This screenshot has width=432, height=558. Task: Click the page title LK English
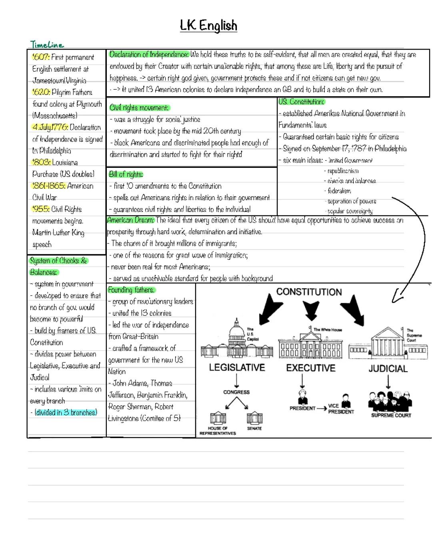pos(208,26)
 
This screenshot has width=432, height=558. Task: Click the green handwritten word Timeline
pos(47,44)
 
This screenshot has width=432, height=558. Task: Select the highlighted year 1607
pos(40,58)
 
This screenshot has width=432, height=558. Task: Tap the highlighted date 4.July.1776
pos(50,128)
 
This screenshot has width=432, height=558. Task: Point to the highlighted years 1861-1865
pos(48,186)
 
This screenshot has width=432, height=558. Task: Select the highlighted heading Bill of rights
pos(126,174)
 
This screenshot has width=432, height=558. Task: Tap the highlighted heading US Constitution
pos(301,102)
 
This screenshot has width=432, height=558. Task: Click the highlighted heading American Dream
pos(130,220)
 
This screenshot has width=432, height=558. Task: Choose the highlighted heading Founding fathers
pos(131,290)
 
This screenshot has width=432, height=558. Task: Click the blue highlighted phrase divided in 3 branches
pos(66,413)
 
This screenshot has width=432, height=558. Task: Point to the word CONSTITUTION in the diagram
pos(309,292)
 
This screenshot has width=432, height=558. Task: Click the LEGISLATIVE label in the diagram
pos(237,367)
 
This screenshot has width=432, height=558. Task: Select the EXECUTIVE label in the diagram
pos(310,368)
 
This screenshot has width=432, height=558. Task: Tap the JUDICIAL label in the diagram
pos(388,369)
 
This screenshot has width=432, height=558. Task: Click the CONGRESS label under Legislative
pos(236,392)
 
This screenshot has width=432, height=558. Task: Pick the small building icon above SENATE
pos(254,418)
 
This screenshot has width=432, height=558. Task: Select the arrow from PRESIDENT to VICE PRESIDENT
pos(321,409)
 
